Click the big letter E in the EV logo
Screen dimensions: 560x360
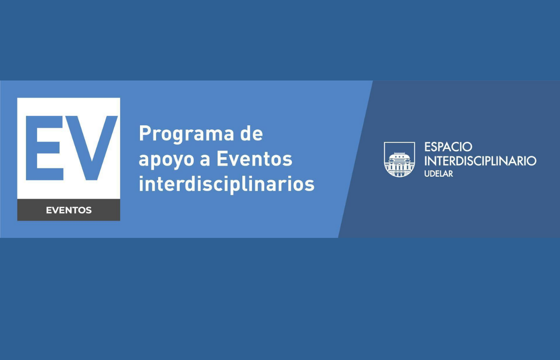(44, 148)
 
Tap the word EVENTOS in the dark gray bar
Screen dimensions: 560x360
(69, 210)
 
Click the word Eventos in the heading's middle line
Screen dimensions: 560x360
(255, 159)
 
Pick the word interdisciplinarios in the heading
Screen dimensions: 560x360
(226, 184)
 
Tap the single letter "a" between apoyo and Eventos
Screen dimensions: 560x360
(205, 161)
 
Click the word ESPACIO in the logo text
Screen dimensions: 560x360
(448, 147)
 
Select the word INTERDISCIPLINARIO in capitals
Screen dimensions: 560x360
(480, 161)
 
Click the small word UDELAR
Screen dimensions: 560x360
(438, 174)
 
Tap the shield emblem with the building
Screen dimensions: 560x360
(399, 160)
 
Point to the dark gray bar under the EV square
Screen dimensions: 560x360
(69, 210)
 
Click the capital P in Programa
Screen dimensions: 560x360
(145, 133)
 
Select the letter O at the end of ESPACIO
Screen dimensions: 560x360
(467, 147)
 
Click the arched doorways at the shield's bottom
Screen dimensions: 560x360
(399, 174)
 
